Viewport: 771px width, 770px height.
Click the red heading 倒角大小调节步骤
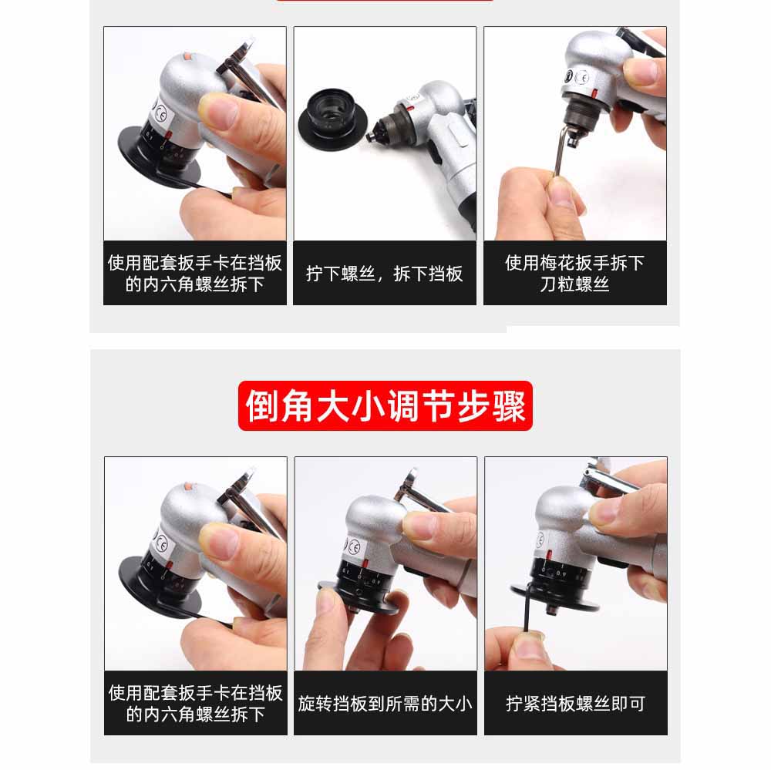pyautogui.click(x=385, y=405)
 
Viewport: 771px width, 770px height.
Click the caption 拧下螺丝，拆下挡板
pyautogui.click(x=385, y=274)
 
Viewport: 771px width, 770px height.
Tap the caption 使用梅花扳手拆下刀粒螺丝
pyautogui.click(x=574, y=273)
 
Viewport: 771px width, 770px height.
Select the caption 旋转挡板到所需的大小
pyautogui.click(x=385, y=703)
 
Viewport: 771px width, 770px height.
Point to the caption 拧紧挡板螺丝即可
pyautogui.click(x=575, y=703)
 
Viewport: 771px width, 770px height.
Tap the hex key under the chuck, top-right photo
pyautogui.click(x=561, y=150)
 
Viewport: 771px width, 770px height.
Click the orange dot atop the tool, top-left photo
pyautogui.click(x=188, y=55)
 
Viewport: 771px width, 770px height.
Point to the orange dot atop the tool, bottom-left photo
pyautogui.click(x=189, y=486)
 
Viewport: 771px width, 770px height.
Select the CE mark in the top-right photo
pyautogui.click(x=581, y=78)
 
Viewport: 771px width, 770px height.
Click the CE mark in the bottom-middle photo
pyautogui.click(x=354, y=546)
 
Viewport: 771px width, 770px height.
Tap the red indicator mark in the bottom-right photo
pyautogui.click(x=549, y=556)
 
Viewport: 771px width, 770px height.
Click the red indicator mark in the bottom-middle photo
pyautogui.click(x=366, y=563)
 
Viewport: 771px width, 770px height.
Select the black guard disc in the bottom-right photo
pyautogui.click(x=555, y=596)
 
